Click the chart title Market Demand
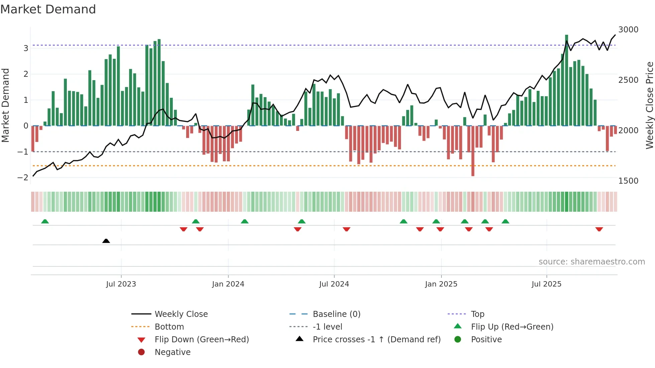coord(48,9)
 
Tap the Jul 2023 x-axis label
coord(121,284)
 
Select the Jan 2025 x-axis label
coord(441,284)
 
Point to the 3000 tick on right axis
coord(628,30)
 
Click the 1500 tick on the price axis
coord(628,181)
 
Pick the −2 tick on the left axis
coord(23,178)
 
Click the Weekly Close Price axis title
coord(649,105)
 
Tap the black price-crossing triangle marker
coord(106,241)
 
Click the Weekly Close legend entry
coord(181,314)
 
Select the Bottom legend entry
coord(169,327)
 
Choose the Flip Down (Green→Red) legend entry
coord(202,340)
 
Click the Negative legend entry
coord(172,352)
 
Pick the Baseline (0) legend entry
coord(337,314)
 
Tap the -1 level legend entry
coord(327,327)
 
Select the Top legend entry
coord(478,314)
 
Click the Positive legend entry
coord(486,340)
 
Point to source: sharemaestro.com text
coord(592,262)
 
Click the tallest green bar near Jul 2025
coord(566,80)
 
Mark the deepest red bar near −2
coord(473,151)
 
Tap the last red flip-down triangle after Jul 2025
coord(599,229)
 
